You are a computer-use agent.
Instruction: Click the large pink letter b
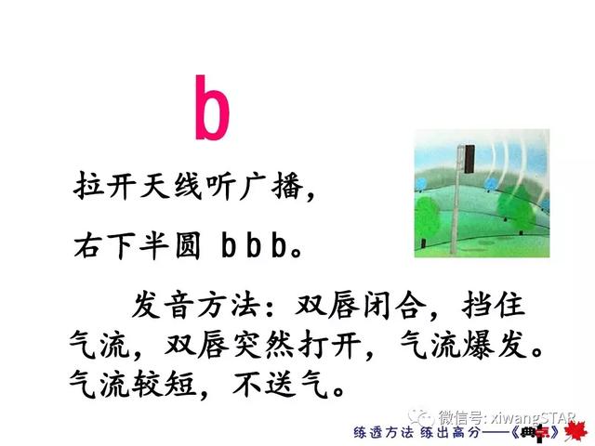[213, 108]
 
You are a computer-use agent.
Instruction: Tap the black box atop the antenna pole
[469, 159]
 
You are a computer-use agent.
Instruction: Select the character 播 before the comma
[287, 186]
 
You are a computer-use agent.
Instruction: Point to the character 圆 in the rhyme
[188, 245]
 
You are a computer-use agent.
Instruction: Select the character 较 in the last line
[147, 384]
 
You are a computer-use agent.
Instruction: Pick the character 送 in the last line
[279, 384]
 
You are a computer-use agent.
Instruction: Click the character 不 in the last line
[245, 384]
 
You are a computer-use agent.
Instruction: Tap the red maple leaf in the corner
[575, 432]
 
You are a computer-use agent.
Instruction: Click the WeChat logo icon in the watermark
[420, 417]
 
